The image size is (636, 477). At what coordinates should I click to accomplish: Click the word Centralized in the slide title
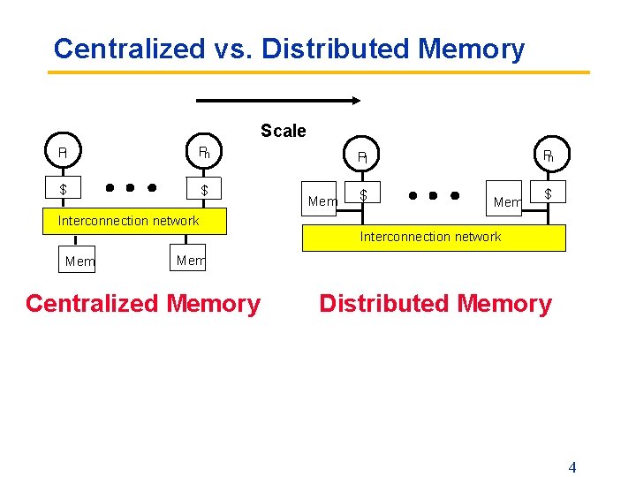(128, 49)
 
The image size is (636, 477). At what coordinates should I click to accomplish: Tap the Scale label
(283, 132)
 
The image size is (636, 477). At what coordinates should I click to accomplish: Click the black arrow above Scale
(277, 100)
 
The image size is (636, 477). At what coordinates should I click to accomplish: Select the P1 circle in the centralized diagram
(63, 152)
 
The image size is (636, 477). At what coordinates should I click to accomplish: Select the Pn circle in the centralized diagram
(203, 152)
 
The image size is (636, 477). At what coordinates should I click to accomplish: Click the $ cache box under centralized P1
(63, 189)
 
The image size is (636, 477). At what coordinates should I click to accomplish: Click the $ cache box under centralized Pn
(204, 189)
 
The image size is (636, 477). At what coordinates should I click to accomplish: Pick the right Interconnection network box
(434, 238)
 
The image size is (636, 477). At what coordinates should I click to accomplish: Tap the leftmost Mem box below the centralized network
(79, 261)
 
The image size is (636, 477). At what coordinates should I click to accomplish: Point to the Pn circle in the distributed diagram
(548, 156)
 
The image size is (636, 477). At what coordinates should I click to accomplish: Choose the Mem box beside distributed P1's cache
(322, 201)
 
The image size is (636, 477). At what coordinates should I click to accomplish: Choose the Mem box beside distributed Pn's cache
(507, 201)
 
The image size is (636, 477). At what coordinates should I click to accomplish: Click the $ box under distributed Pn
(548, 193)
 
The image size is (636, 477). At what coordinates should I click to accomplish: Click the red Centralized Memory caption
(143, 304)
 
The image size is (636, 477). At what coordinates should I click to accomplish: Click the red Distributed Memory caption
(435, 304)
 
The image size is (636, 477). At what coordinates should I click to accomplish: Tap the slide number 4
(572, 467)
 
